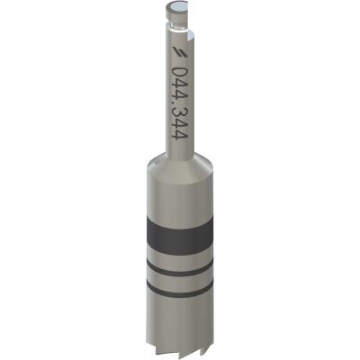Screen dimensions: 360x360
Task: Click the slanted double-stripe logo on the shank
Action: point(181,52)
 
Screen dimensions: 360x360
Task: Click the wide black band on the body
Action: point(180,237)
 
